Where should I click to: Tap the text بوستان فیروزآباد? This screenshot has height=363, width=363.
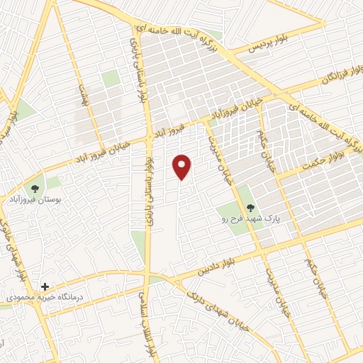[x=33, y=201]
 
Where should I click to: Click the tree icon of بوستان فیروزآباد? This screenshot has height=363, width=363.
[x=34, y=189]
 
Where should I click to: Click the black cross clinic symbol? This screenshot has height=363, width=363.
[x=45, y=286]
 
